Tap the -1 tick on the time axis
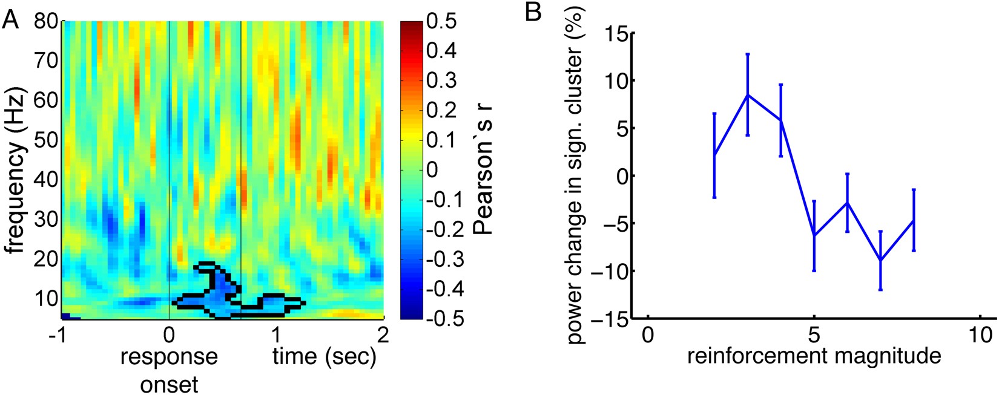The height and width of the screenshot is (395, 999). point(58,335)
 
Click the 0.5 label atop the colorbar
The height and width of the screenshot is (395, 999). point(442,22)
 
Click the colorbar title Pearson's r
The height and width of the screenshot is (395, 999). point(483,169)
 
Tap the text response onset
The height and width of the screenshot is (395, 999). point(169,369)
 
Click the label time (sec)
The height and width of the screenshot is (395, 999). point(324,357)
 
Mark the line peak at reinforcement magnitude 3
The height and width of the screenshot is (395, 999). point(748,95)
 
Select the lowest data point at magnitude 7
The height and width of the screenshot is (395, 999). point(880,260)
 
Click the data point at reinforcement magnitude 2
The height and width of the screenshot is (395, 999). point(714,155)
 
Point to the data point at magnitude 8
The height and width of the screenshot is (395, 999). point(913,220)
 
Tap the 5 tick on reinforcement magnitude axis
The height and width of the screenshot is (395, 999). point(814,335)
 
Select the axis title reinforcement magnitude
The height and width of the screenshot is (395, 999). point(814,356)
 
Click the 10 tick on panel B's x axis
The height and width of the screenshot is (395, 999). point(979,335)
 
